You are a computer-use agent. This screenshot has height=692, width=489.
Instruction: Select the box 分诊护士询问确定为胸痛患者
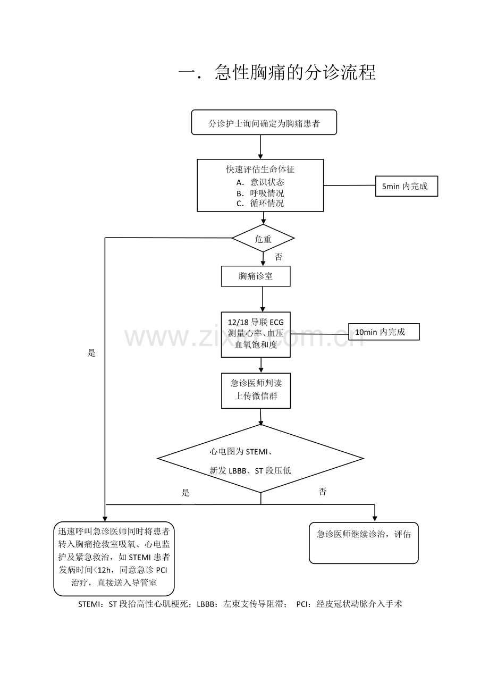pos(264,122)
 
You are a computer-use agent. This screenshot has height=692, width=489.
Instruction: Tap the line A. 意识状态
pos(260,182)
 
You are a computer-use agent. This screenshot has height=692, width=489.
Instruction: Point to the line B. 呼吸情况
pos(260,193)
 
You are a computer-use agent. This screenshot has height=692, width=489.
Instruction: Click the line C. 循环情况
pos(260,203)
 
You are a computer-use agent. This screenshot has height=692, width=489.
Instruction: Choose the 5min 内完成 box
pos(407,186)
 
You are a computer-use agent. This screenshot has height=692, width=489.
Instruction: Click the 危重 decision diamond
pos(263,238)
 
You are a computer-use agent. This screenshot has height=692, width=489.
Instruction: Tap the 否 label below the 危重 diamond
pos(279,257)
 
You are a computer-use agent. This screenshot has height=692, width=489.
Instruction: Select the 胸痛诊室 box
pos(256,276)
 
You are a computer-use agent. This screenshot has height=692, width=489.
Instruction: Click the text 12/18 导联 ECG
pos(256,322)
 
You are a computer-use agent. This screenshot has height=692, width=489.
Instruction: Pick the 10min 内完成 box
pos(384,332)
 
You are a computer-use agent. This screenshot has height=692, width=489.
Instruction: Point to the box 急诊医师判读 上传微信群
pos(256,391)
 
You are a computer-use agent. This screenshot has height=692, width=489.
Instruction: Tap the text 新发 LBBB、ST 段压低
pos(250,470)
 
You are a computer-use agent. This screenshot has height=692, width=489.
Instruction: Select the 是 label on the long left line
pos(91,353)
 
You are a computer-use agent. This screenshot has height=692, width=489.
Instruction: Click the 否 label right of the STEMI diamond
pos(322,491)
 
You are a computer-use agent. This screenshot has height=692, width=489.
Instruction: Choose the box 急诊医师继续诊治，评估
pos(364,543)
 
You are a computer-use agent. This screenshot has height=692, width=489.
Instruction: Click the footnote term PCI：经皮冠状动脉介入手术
pos(349,604)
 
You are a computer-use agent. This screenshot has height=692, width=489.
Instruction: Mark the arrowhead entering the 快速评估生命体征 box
pos(260,157)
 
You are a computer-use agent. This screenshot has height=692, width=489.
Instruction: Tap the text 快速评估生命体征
pos(260,170)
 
